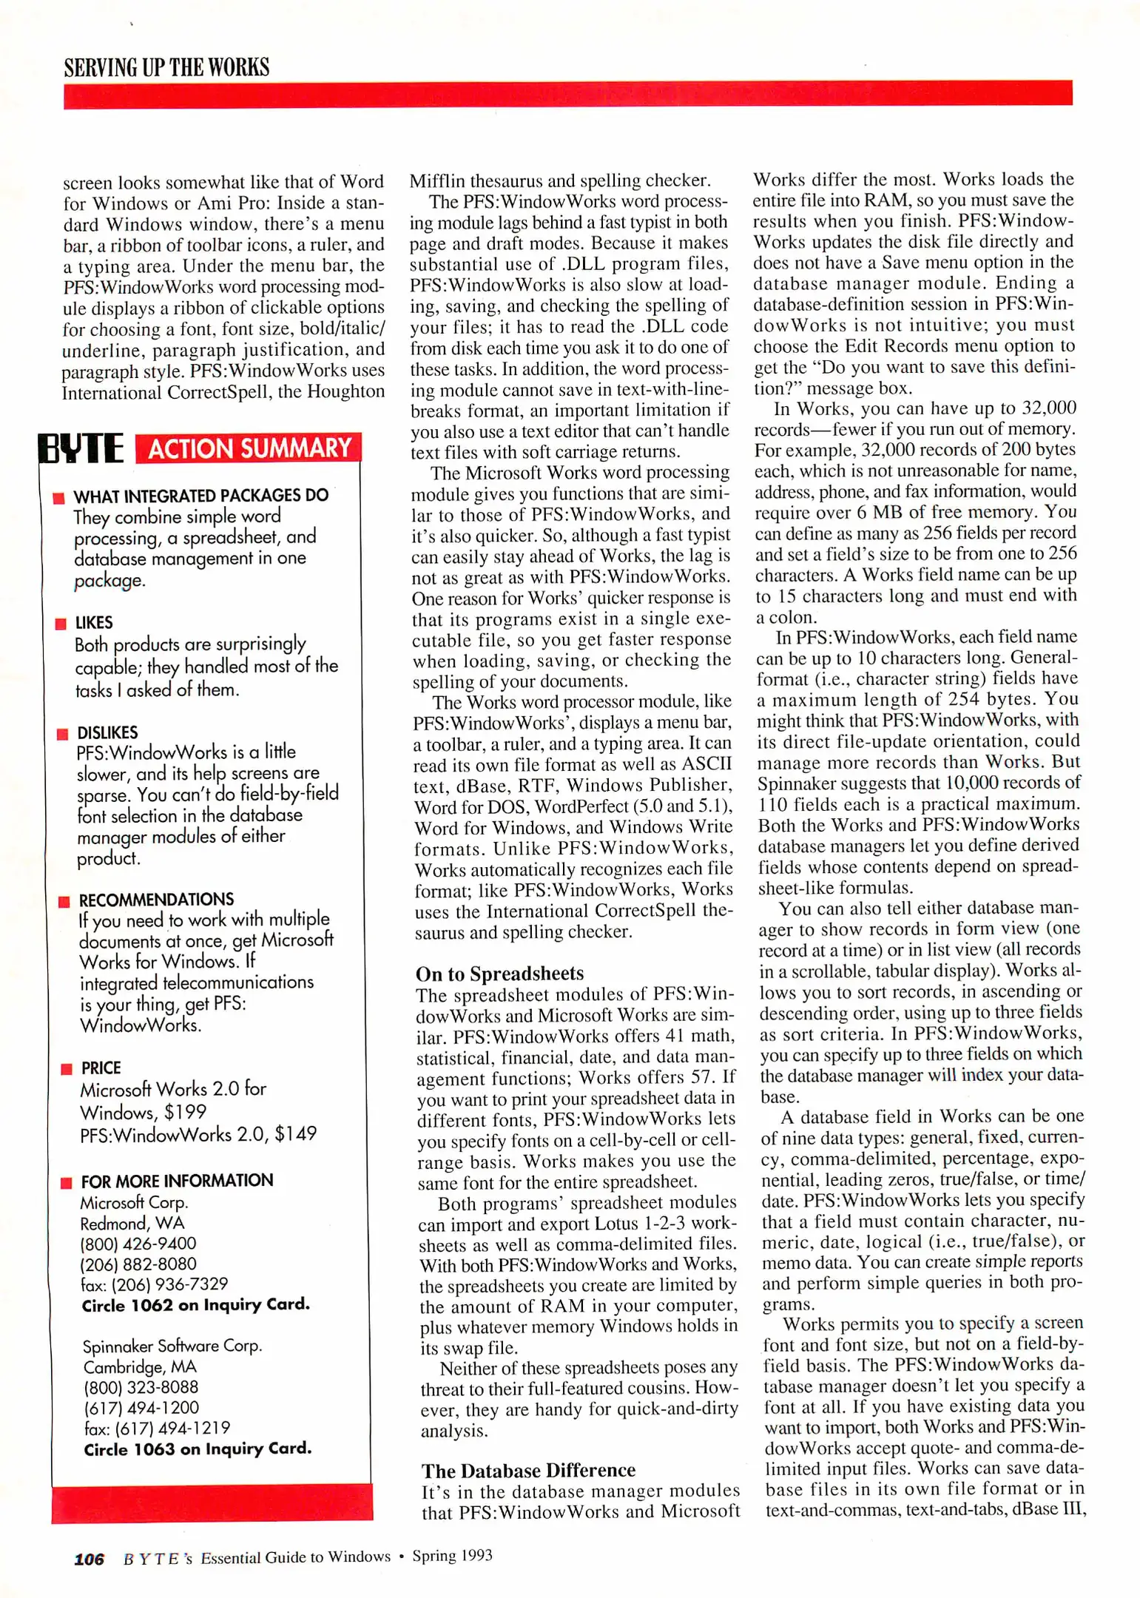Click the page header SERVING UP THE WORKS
point(166,67)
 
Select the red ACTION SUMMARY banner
point(249,448)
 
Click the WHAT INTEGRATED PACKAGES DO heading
point(200,496)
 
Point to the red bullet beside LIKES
point(61,624)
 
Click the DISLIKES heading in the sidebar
point(107,732)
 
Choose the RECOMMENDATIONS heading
point(156,900)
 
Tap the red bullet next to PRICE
point(66,1068)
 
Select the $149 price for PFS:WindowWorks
point(295,1133)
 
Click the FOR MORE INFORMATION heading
point(177,1181)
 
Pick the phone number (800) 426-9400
point(138,1244)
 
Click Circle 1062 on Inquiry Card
point(195,1305)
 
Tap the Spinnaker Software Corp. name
point(172,1346)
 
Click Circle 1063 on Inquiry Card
point(197,1449)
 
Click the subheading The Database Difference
point(528,1470)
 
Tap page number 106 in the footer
point(89,1559)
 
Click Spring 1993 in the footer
point(452,1556)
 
